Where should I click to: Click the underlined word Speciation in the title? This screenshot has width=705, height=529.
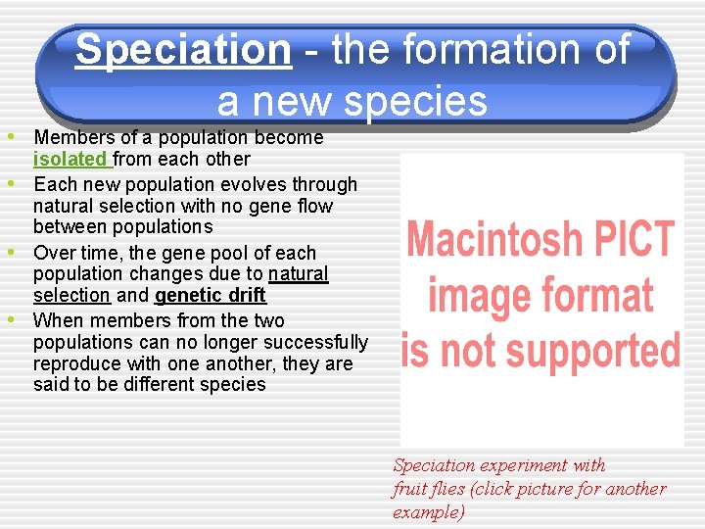(183, 50)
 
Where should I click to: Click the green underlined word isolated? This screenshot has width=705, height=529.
(70, 159)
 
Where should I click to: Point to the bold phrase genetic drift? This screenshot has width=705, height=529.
(210, 295)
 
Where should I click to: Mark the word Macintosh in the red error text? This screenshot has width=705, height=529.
(494, 240)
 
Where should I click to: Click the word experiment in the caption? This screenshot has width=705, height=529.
(540, 465)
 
